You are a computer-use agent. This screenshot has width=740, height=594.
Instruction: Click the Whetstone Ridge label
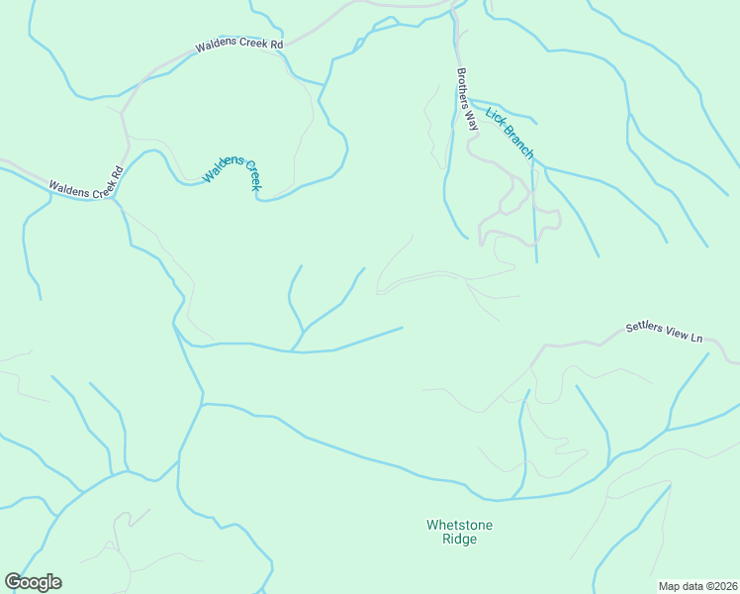pos(459,532)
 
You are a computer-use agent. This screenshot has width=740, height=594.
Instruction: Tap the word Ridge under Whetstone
pos(459,540)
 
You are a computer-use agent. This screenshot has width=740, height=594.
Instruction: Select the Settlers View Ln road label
pos(664,333)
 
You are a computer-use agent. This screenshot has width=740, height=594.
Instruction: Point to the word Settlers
pos(644,330)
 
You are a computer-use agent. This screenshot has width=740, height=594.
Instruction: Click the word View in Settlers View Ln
pos(677,335)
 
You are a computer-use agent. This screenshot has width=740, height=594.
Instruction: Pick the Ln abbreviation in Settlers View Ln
pos(695,339)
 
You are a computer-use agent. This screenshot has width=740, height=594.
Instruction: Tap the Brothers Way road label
pos(467,99)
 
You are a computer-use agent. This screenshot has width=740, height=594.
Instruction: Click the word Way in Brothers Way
pos(472,120)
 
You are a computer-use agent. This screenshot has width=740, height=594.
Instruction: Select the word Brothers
pos(464,89)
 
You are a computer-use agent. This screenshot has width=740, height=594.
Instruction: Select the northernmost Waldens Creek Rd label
pos(239,45)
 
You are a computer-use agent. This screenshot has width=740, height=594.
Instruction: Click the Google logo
pos(33,582)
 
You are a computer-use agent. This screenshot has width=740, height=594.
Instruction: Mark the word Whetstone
pos(459,525)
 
